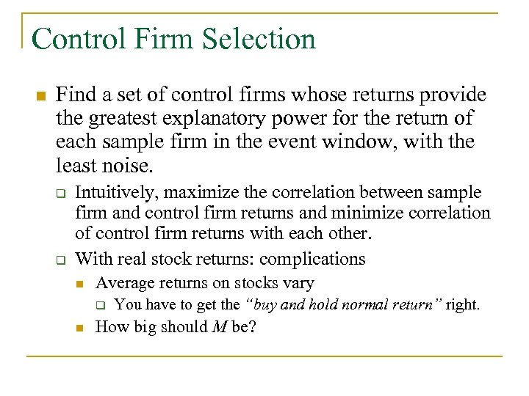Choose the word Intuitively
[x=117, y=193]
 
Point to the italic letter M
[x=219, y=327]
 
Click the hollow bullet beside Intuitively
[x=62, y=194]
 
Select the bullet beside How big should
[x=82, y=328]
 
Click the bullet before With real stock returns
[x=62, y=260]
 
